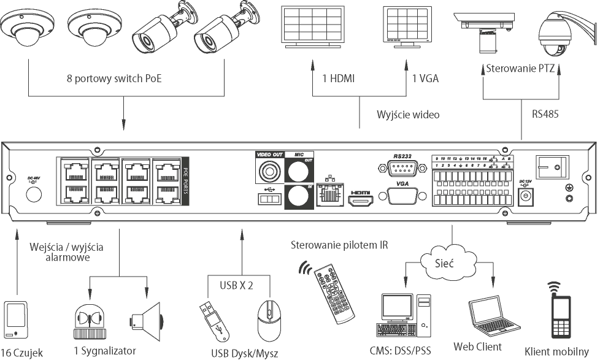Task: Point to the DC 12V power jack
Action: pyautogui.click(x=525, y=196)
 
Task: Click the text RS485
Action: pyautogui.click(x=545, y=113)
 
